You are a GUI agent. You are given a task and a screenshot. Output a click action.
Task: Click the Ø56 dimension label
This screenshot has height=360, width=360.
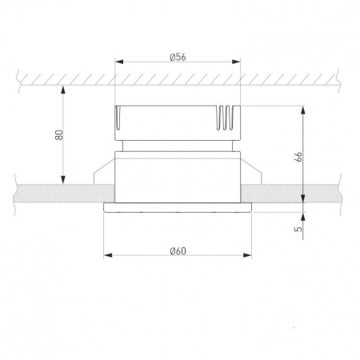click(178, 56)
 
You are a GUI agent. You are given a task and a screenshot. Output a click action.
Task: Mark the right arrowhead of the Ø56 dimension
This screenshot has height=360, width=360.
click(237, 62)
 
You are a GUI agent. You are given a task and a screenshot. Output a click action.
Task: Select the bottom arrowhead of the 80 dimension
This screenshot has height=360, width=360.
click(64, 181)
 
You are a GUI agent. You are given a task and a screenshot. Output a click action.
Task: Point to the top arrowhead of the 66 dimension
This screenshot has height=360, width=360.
click(304, 110)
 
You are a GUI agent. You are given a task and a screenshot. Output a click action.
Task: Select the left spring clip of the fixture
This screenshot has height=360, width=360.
click(102, 174)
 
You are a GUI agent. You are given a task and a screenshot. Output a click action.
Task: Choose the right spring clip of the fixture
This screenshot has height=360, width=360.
click(254, 174)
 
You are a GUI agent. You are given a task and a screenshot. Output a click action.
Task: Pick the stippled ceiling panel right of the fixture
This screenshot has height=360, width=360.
click(296, 194)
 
